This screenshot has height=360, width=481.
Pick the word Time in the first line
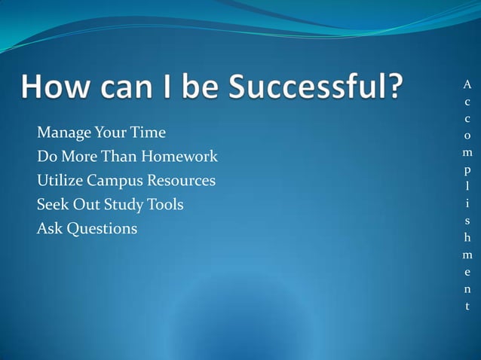click(149, 133)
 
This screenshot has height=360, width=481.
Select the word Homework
click(181, 157)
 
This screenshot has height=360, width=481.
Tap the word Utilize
click(59, 181)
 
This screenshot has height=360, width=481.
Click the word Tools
click(164, 204)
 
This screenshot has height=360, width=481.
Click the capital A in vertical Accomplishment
click(467, 84)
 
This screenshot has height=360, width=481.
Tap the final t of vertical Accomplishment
click(467, 307)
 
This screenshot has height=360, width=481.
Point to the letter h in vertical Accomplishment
click(467, 238)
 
